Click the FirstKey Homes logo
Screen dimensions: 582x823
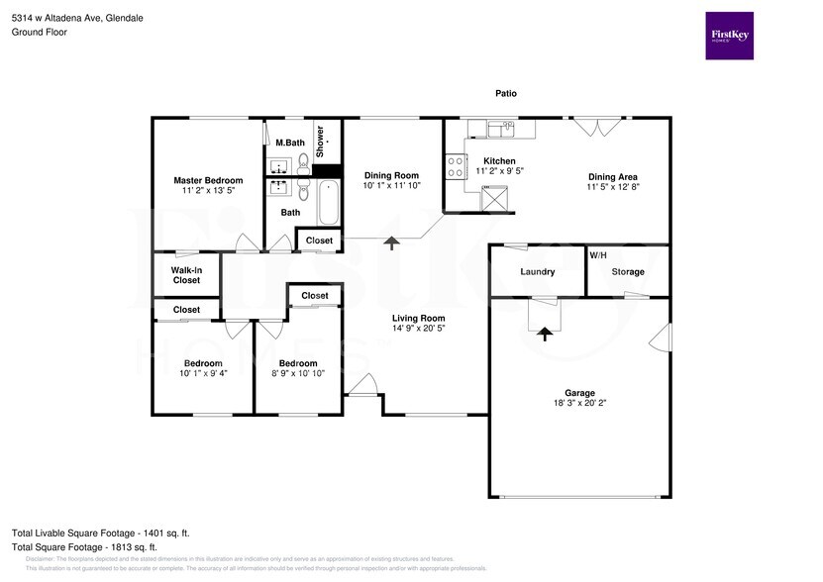729,36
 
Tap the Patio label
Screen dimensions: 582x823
506,93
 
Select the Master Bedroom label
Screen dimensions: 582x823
208,180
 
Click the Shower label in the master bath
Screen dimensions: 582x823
321,143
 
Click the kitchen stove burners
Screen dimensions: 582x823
457,166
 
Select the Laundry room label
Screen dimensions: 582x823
537,271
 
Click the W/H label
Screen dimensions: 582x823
598,255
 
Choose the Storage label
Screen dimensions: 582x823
628,271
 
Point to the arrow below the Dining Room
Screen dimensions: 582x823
392,243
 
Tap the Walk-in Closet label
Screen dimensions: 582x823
186,275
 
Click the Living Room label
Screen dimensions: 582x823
418,317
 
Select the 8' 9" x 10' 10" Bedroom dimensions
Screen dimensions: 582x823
297,374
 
